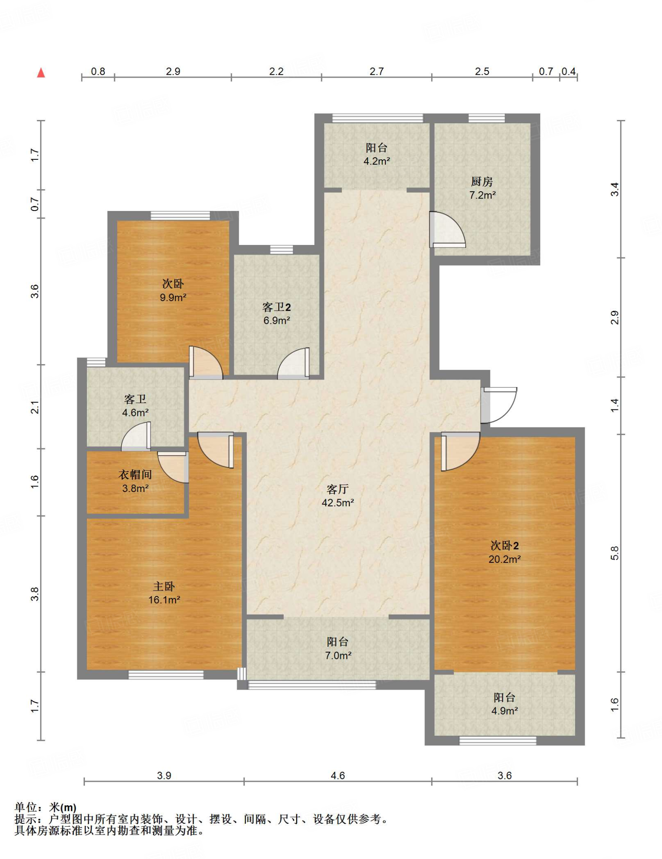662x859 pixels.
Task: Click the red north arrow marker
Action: click(x=41, y=73)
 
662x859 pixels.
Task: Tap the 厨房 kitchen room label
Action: click(x=481, y=182)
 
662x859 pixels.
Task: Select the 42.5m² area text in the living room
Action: click(x=338, y=502)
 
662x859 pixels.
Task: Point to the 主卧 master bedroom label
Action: click(x=164, y=586)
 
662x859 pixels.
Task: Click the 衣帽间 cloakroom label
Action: click(x=135, y=474)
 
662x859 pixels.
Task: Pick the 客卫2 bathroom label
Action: click(x=276, y=307)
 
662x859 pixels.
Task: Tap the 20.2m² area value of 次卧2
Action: click(x=504, y=559)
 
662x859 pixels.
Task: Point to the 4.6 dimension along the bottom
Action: click(x=338, y=776)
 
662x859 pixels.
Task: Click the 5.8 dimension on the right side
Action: click(x=615, y=553)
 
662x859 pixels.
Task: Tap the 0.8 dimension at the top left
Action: click(x=98, y=71)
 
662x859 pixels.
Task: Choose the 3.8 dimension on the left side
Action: click(x=35, y=594)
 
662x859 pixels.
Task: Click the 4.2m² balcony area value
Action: click(x=377, y=161)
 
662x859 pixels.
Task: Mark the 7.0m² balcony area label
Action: click(x=338, y=655)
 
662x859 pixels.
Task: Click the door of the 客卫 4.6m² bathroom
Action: click(x=136, y=436)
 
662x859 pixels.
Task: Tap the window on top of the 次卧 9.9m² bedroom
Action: click(x=180, y=216)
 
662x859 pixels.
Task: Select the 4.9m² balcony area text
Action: click(x=504, y=711)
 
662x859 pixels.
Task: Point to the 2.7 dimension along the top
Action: click(x=377, y=71)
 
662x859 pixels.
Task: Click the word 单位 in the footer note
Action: click(x=26, y=807)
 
